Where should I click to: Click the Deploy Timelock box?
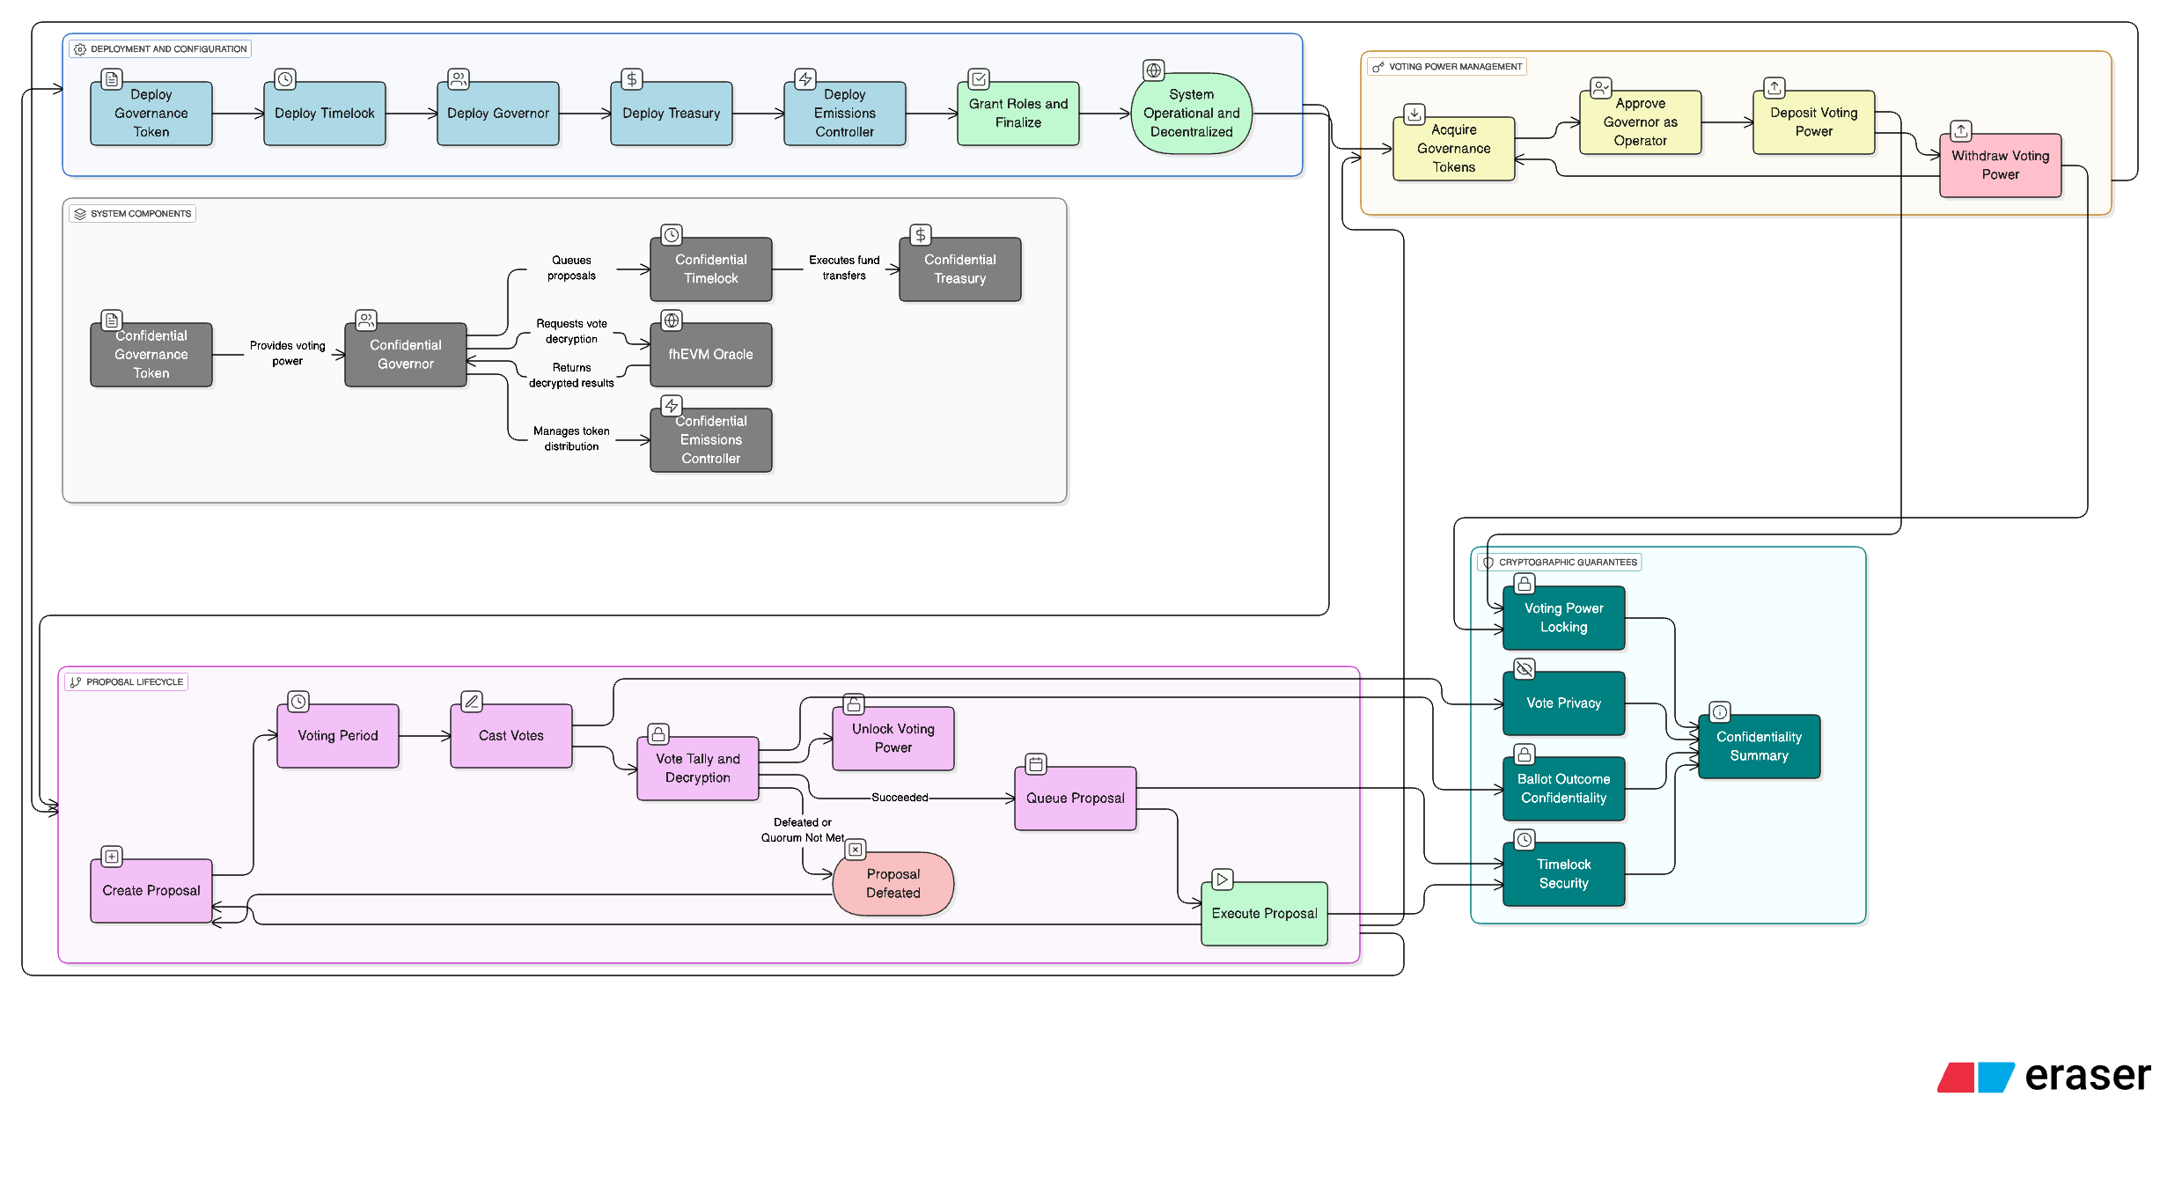(324, 114)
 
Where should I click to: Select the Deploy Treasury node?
(671, 114)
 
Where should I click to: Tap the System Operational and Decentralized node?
(1191, 114)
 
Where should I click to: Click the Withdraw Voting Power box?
(2000, 166)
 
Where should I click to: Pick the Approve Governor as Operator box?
(1640, 122)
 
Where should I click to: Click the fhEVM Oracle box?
(710, 355)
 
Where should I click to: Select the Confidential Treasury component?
(959, 269)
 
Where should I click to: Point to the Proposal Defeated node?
(893, 884)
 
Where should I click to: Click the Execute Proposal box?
(1264, 914)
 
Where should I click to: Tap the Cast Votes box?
(511, 736)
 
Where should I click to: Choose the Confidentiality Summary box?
(1759, 747)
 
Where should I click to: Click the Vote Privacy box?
(1563, 703)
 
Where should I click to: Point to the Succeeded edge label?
(900, 798)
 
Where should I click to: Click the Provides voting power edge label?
(287, 354)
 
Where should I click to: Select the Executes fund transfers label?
(843, 269)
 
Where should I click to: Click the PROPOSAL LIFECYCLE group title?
(134, 682)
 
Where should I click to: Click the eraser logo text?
(2086, 1076)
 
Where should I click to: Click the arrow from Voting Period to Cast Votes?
(424, 736)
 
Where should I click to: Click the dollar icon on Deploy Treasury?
(631, 79)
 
